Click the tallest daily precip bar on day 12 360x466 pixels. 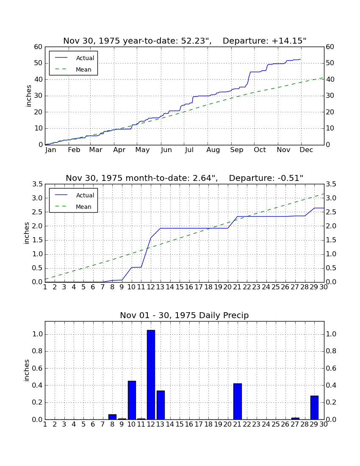coord(151,375)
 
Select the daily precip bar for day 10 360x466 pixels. coord(132,400)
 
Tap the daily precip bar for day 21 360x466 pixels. coord(237,402)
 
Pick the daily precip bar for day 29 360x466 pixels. coord(314,408)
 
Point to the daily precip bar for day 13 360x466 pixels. coord(161,405)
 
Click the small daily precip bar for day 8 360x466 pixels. coord(112,417)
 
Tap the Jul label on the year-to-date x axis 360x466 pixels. coord(189,150)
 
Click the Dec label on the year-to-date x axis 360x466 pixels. coord(306,150)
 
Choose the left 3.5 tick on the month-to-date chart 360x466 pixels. coord(37,184)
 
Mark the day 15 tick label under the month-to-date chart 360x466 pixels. coord(180,287)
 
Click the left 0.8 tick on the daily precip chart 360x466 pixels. coord(37,351)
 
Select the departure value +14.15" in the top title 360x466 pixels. coord(289,41)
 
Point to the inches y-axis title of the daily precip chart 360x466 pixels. coord(27,370)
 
